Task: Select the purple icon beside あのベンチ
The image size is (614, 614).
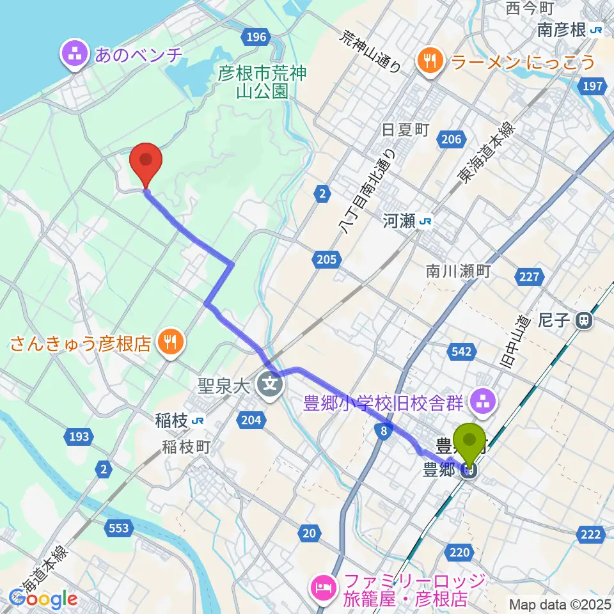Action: point(76,54)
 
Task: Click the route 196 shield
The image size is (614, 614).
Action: point(256,37)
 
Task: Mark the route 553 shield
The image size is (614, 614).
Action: point(118,528)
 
